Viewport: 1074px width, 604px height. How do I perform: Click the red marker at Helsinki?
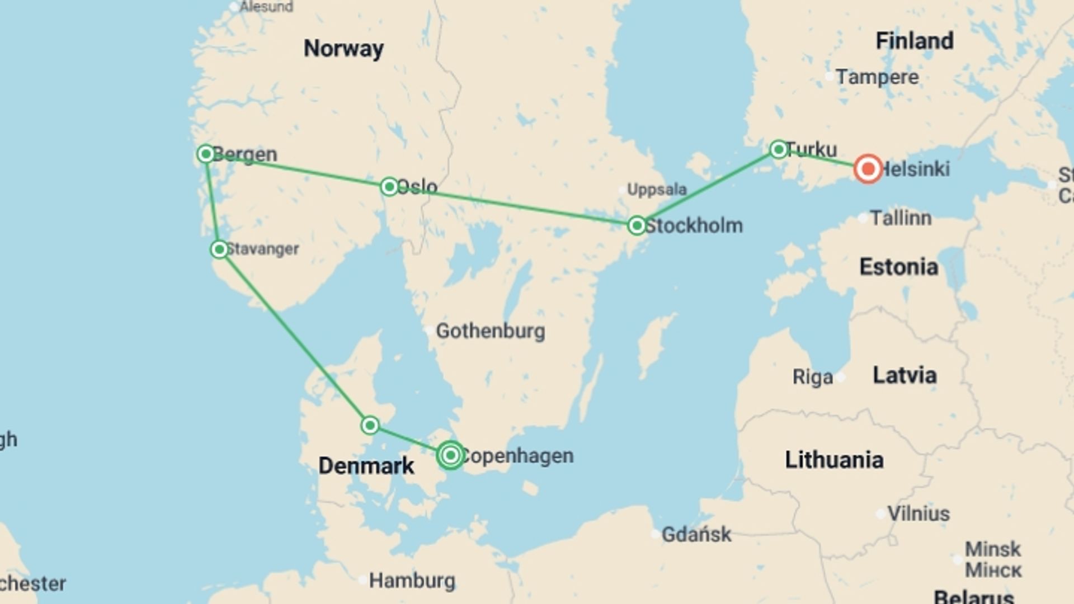coord(868,169)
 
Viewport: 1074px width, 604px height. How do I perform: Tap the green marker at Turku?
coord(778,149)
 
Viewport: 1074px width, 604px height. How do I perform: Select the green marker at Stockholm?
coord(637,225)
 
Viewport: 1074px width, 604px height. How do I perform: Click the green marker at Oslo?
coord(389,186)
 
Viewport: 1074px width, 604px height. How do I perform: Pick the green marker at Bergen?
coord(206,154)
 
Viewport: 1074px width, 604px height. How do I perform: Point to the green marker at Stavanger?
coord(219,249)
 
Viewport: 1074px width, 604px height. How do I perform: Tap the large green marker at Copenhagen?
coord(450,455)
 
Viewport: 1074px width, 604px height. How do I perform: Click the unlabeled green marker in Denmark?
coord(370,426)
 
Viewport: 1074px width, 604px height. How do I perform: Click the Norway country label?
coord(343,49)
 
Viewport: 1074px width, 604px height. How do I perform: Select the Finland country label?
coord(914,41)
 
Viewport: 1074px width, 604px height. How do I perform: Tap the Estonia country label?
coord(898,267)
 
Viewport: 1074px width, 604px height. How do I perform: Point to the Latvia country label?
coord(905,375)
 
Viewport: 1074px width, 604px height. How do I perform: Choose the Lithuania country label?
coord(834,460)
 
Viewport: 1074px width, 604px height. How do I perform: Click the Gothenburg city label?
coord(490,331)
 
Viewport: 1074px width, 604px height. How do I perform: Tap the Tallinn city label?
coord(901,218)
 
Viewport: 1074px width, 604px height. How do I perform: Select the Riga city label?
coord(812,377)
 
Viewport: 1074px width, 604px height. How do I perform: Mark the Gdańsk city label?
coord(696,534)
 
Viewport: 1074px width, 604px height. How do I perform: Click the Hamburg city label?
coord(412,580)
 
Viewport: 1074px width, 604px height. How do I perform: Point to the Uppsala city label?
coord(656,190)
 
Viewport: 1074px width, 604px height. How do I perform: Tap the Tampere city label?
coord(877,77)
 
